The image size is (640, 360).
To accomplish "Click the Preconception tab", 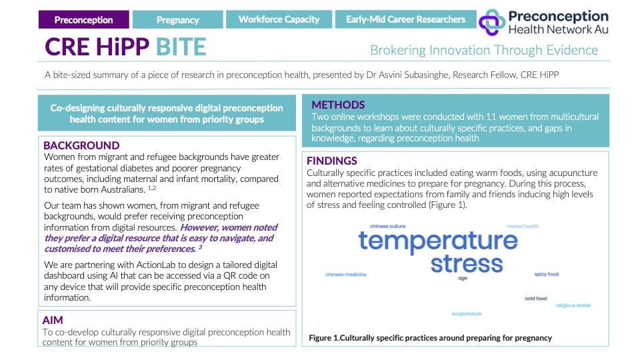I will [x=83, y=19].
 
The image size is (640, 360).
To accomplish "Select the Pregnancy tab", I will [x=177, y=19].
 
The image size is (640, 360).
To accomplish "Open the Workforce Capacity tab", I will [x=279, y=19].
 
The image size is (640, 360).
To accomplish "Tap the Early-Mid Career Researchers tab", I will [x=405, y=19].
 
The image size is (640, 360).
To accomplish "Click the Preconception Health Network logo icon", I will [x=493, y=21].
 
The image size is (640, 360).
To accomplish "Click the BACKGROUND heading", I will [x=81, y=145].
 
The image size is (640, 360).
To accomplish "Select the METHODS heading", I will [x=338, y=105].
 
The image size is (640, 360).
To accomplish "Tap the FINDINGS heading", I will [x=332, y=161].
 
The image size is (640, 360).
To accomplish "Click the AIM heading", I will [x=53, y=320].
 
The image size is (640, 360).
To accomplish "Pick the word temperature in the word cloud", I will [x=438, y=241].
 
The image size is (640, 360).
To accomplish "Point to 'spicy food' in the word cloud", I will [x=546, y=274].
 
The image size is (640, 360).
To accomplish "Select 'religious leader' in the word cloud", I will [x=573, y=305].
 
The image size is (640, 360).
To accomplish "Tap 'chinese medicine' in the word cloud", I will [x=346, y=274].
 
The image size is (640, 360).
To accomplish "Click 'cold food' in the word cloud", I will [x=535, y=298].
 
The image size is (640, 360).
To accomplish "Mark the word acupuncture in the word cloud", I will [x=467, y=313].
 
